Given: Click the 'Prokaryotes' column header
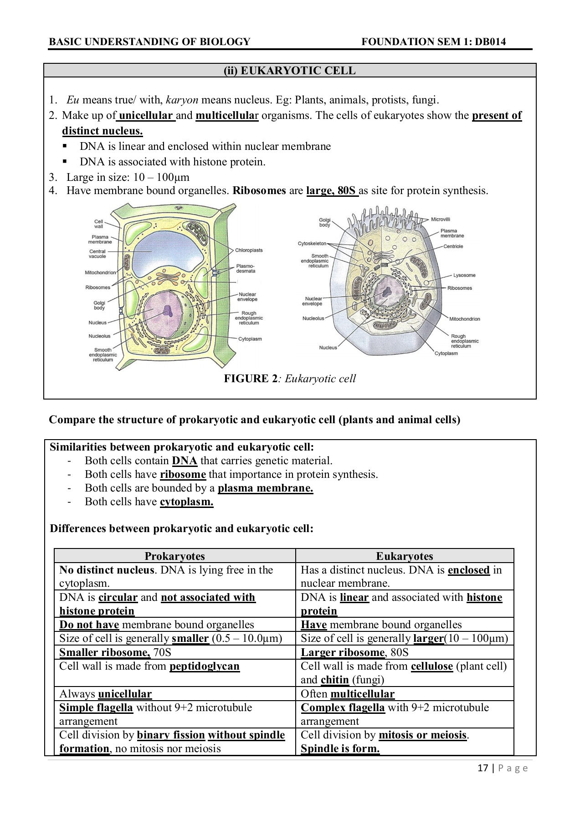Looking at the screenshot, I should click(x=175, y=556).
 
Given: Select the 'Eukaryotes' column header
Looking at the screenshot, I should click(x=404, y=556).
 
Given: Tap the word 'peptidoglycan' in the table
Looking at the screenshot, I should click(x=204, y=666).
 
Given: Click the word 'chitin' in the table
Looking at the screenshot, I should click(x=334, y=680).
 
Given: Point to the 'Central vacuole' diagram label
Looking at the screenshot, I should click(x=97, y=254).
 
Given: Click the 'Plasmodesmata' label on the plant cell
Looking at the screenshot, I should click(x=246, y=269).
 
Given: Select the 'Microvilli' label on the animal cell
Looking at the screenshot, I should click(x=441, y=220).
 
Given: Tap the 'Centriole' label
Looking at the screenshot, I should click(x=453, y=246).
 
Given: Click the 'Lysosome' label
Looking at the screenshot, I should click(x=464, y=275).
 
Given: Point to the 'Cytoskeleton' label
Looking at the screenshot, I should click(x=312, y=244).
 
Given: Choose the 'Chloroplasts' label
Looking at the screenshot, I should click(x=249, y=250).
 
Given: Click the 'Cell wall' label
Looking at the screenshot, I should click(x=98, y=224).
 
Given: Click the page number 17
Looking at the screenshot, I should click(x=482, y=769).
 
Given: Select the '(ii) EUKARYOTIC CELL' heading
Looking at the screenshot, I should click(x=289, y=71).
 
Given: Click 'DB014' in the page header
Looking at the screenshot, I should click(x=490, y=42).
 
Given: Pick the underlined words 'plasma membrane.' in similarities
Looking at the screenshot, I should click(x=265, y=488).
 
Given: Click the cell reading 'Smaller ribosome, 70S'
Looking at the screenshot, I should click(x=115, y=652).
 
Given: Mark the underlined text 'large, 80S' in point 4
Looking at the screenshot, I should click(x=332, y=190).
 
